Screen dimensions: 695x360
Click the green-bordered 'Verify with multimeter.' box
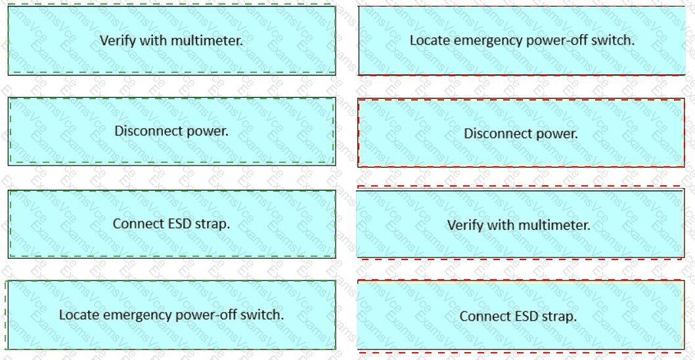pos(171,40)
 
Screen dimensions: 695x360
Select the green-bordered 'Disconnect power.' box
pos(171,131)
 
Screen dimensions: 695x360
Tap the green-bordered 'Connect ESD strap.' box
pos(171,224)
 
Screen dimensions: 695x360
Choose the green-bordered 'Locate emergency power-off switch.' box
pos(171,315)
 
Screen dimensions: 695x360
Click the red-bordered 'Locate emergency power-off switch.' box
pos(522,40)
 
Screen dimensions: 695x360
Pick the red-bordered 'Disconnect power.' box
pos(522,133)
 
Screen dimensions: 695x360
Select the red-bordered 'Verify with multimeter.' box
pos(520,223)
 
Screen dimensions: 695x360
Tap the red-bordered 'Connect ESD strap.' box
pos(520,316)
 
